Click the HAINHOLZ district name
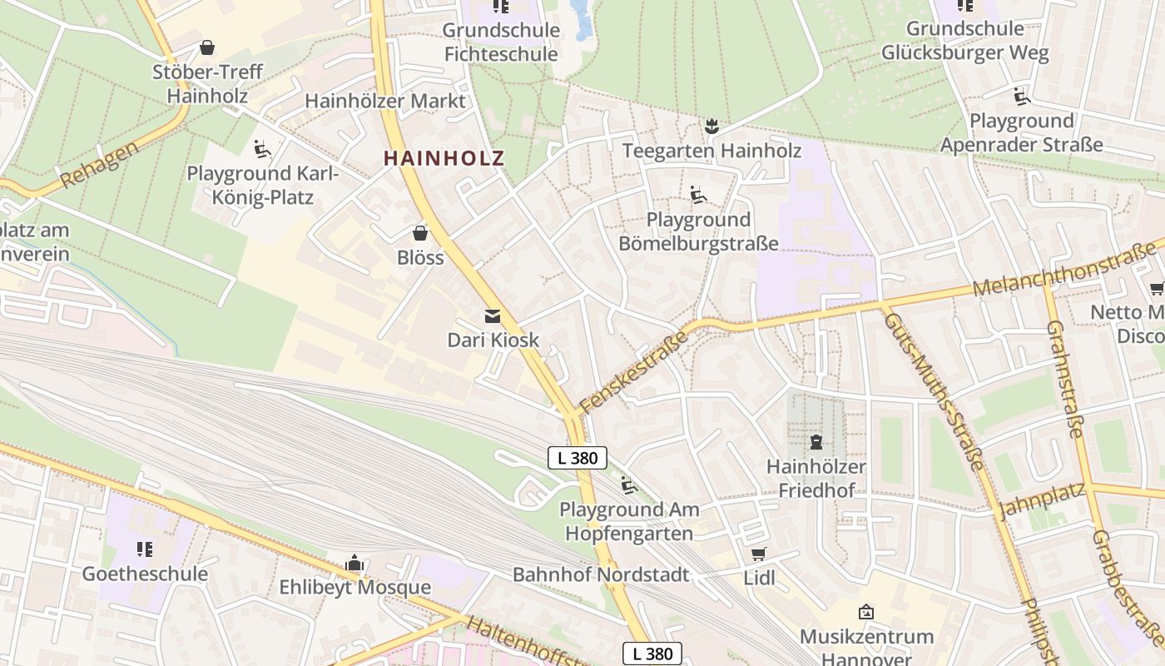tap(444, 158)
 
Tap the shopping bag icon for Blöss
tap(420, 233)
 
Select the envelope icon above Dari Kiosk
tap(493, 316)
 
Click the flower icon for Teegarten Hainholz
tap(711, 127)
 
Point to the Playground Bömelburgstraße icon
tap(698, 195)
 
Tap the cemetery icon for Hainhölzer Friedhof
tap(815, 441)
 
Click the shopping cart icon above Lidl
tap(758, 554)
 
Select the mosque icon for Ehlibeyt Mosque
tap(354, 564)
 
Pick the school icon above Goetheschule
tap(145, 549)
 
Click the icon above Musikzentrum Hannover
tap(866, 612)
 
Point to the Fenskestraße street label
tap(634, 371)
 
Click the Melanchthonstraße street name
tap(1064, 267)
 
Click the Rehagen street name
tap(99, 167)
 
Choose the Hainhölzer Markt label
tap(385, 101)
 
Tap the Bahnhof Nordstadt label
tap(601, 574)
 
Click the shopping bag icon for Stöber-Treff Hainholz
tap(206, 47)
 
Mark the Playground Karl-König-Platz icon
tap(262, 149)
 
